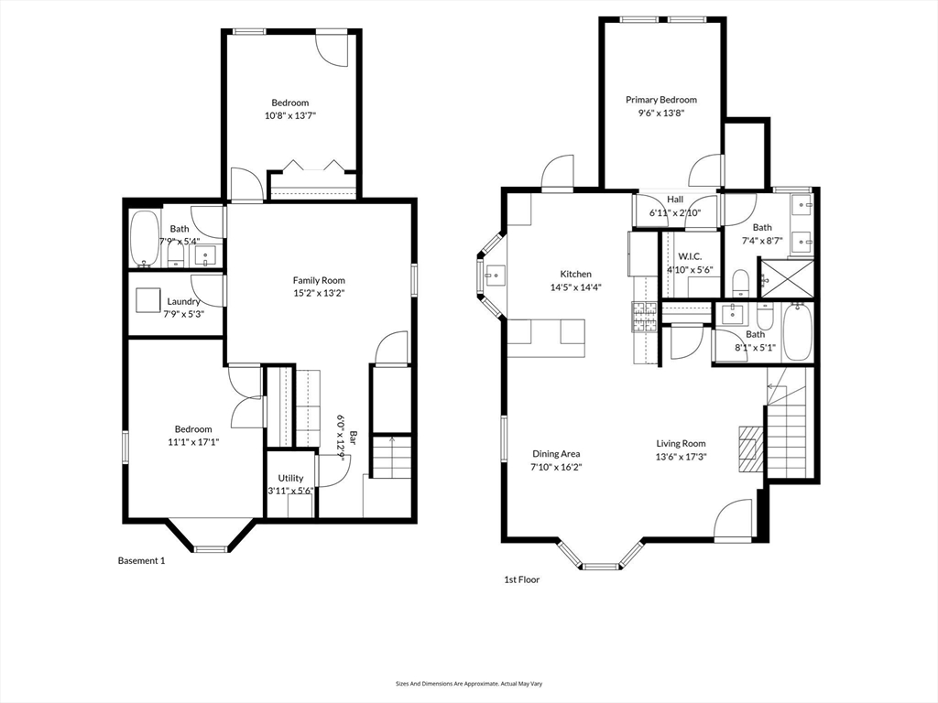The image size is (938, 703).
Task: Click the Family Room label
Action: [319, 280]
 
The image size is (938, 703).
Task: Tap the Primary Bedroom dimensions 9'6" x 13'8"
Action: [660, 113]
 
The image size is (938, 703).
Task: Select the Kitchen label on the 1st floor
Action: [576, 274]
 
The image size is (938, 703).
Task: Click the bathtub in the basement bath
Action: [144, 237]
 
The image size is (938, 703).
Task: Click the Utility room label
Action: [291, 478]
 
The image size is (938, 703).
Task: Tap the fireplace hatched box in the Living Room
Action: [750, 449]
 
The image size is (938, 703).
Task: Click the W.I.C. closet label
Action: [689, 256]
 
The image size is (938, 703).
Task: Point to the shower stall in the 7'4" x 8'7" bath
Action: [786, 280]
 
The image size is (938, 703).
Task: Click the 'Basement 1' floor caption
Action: [141, 560]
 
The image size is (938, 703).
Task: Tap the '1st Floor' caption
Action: [522, 579]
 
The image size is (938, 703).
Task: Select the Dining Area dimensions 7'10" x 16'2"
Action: [557, 467]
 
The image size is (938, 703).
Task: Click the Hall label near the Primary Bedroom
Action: [674, 199]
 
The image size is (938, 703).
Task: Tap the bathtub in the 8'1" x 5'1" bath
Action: [798, 334]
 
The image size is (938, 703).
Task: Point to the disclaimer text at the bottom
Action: [468, 684]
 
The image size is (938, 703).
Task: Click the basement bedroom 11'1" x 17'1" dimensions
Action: [193, 441]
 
